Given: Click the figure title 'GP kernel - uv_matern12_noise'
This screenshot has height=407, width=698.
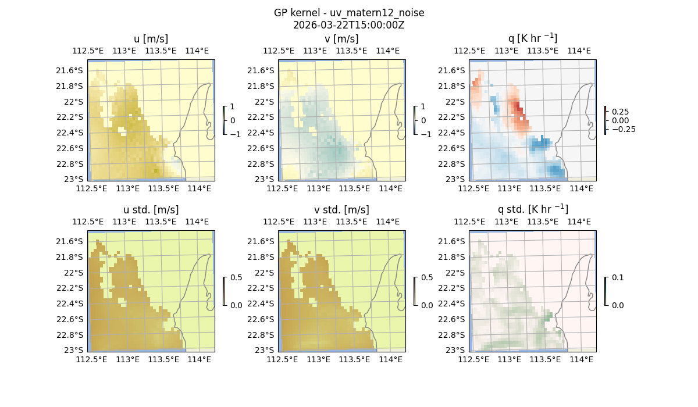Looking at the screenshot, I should point(349,13).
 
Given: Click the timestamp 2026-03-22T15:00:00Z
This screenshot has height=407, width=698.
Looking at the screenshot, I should point(349,25).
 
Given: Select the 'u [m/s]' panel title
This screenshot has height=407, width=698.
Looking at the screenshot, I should point(151,39).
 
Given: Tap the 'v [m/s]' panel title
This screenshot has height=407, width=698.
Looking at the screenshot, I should point(341,39).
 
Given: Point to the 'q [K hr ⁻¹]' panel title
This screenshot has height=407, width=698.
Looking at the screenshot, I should point(532,39).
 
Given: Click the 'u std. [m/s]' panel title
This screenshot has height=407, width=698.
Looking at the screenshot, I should point(151,210).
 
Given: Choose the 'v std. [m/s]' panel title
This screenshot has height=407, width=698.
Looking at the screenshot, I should point(341,210).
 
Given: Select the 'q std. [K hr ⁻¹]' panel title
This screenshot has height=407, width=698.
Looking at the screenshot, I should point(532,210).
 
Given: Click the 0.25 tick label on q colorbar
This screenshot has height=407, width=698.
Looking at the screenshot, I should point(621,112).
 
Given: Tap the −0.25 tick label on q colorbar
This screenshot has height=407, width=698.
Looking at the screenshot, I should point(623,129).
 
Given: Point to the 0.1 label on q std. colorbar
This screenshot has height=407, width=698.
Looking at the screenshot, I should point(617,277).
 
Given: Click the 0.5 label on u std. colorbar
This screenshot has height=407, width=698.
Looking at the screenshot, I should point(236,277).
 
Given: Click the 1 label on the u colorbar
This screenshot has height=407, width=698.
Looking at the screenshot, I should point(233,106).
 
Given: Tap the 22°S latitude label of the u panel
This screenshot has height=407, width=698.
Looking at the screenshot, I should point(74,102).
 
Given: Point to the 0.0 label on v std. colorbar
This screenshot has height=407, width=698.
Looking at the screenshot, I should point(426,305).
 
